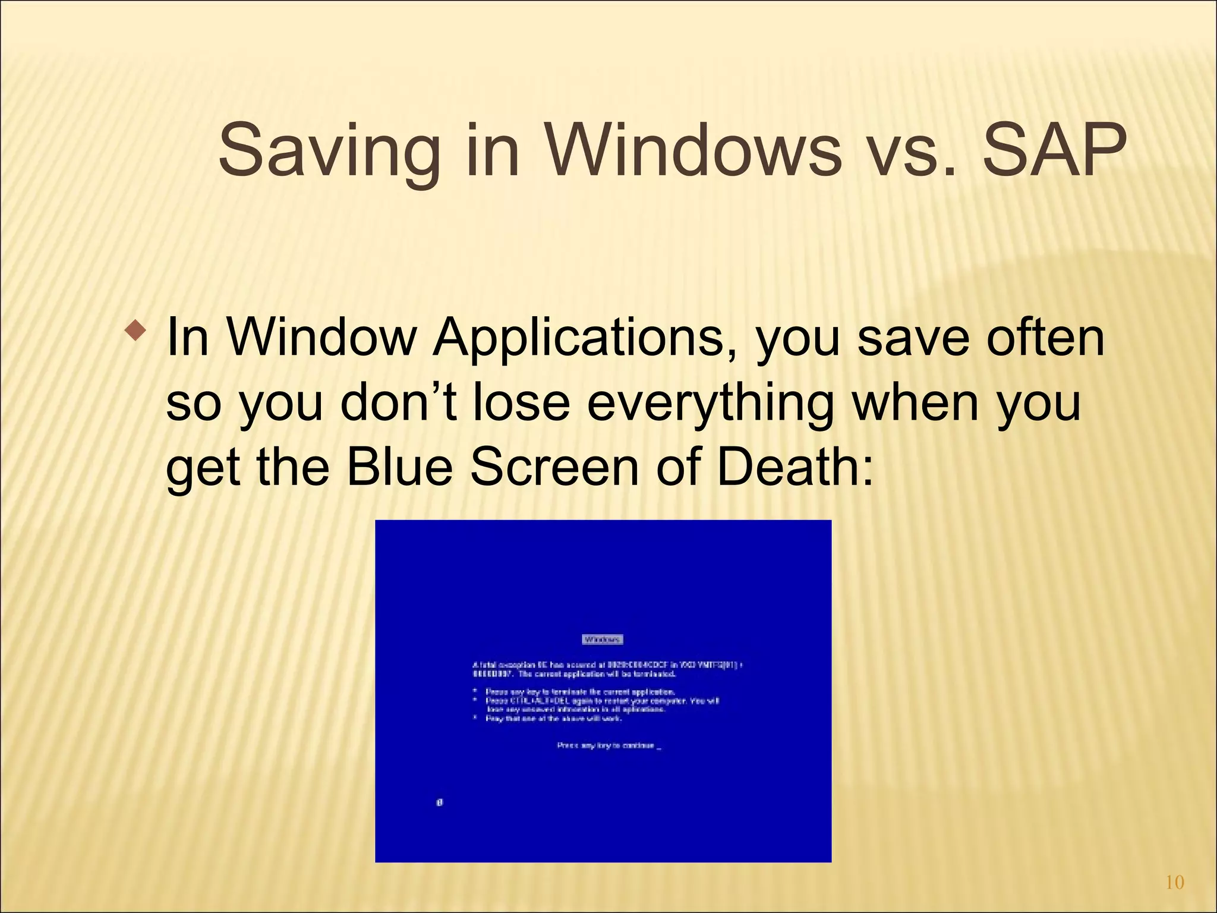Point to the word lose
coord(521,403)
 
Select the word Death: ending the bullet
coord(795,467)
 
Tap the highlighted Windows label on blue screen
coord(603,640)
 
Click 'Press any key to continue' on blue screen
coord(607,745)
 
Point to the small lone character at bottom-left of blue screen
coord(440,802)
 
